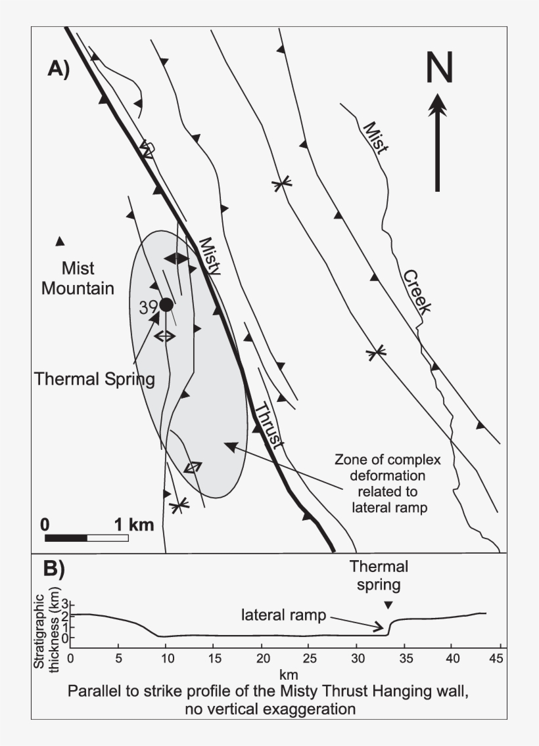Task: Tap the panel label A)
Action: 59,68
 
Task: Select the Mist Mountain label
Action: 78,278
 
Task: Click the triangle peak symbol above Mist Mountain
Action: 60,241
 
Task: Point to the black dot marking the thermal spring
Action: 166,304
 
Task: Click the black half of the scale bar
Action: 66,538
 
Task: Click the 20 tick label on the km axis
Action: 262,657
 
